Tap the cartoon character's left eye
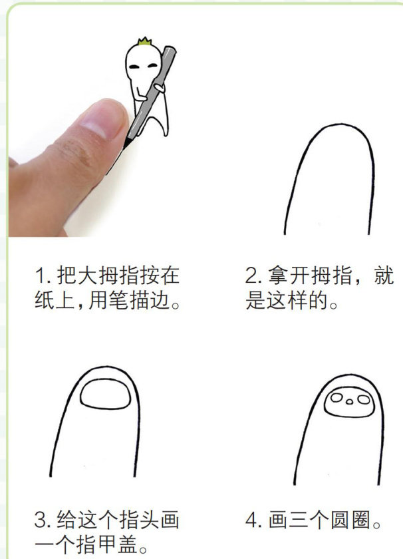134,67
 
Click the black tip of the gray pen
126,144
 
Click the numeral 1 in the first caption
40,276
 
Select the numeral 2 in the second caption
251,276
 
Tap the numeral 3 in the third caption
40,520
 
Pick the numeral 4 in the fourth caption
251,520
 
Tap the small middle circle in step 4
350,402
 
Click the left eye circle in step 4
336,397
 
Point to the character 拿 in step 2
278,276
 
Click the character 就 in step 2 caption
384,276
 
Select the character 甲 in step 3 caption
107,544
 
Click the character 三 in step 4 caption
299,520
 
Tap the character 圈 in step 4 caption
361,520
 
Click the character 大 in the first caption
87,276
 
